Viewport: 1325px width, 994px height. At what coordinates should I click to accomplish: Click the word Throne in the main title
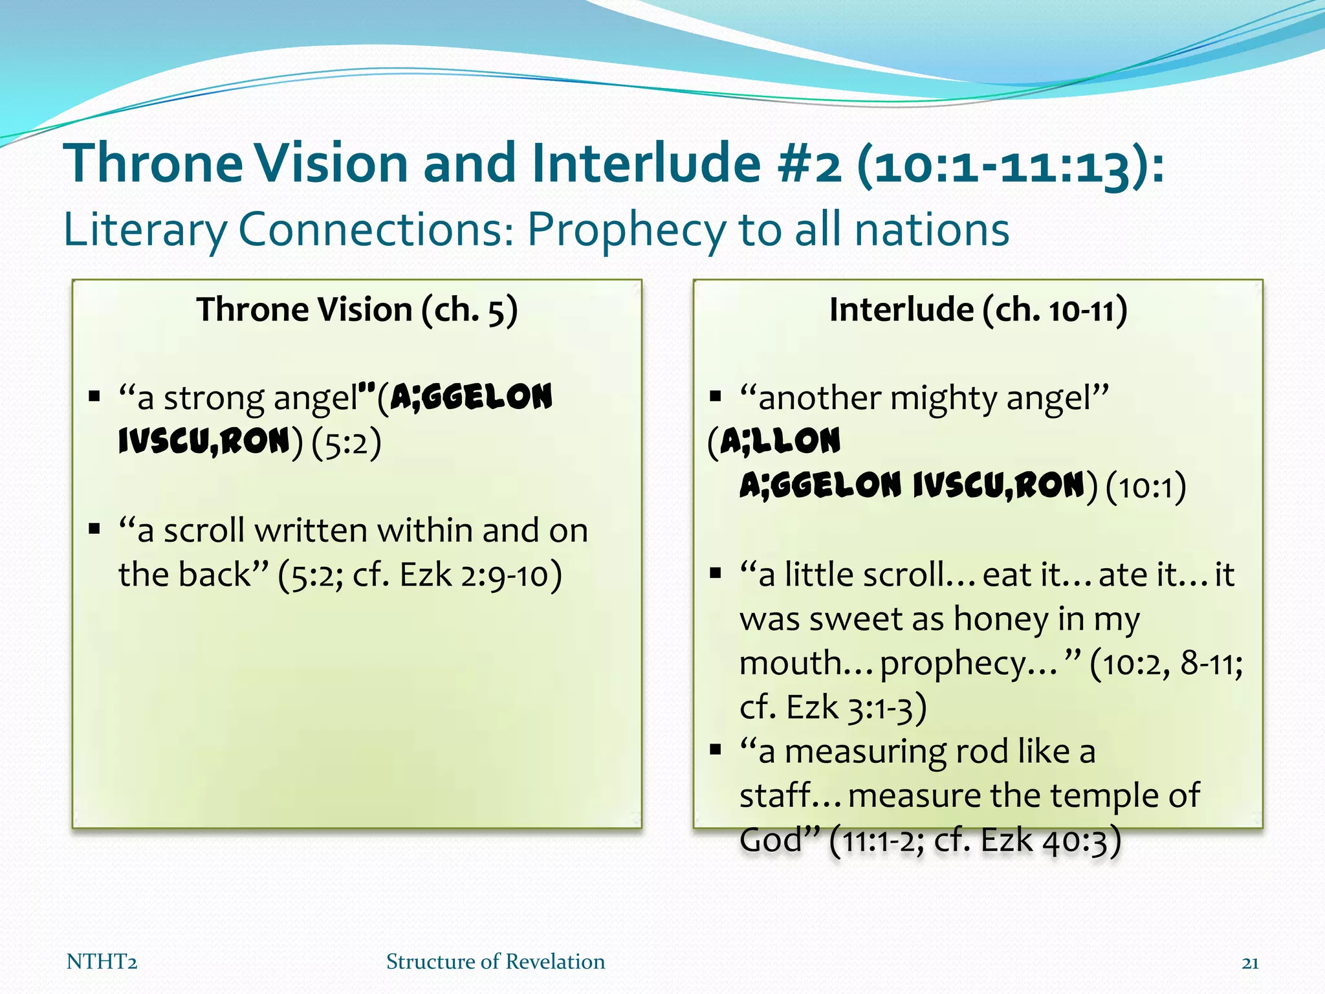(x=153, y=163)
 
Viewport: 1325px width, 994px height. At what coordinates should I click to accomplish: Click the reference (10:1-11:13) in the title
(x=1011, y=164)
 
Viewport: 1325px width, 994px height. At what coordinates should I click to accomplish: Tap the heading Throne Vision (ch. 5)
(x=357, y=309)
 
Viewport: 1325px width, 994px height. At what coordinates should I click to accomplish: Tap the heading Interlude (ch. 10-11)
(x=978, y=309)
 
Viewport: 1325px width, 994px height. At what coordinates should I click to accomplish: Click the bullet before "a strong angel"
(x=95, y=396)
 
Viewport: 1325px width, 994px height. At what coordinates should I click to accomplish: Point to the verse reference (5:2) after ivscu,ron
(x=346, y=443)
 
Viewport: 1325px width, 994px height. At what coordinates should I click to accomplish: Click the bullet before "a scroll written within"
(x=95, y=529)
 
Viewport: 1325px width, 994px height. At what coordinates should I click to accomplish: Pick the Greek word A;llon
(x=780, y=441)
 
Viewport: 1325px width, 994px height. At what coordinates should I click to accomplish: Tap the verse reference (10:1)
(x=1146, y=487)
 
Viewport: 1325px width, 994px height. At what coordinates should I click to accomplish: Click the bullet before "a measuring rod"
(x=715, y=750)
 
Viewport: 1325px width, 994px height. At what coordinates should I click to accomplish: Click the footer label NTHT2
(x=102, y=962)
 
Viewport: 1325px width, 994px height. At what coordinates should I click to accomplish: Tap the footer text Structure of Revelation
(x=496, y=962)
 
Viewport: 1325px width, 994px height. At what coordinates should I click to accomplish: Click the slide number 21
(x=1250, y=964)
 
